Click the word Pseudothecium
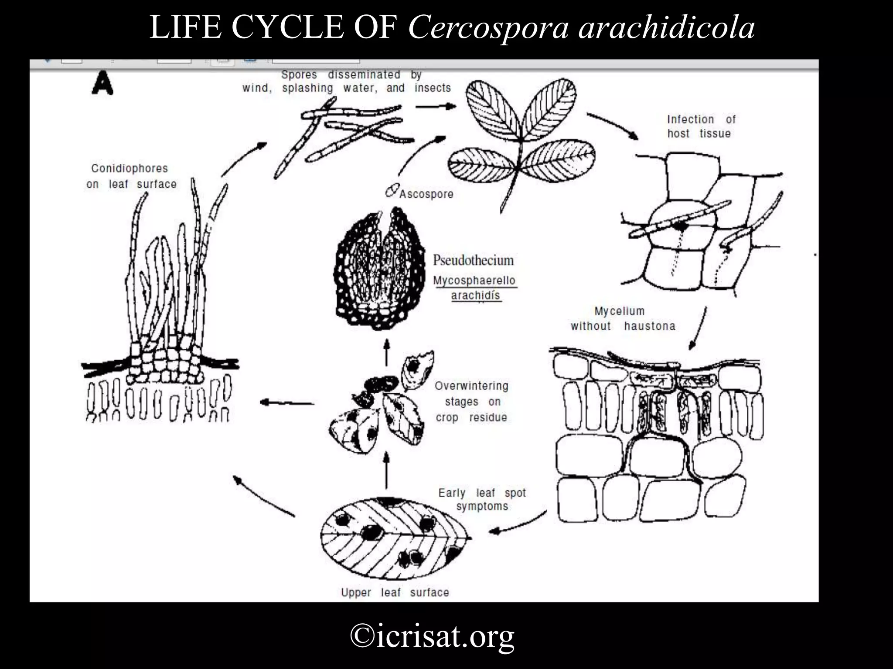(473, 260)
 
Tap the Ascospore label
(426, 194)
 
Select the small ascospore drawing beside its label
(392, 190)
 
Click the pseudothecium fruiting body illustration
(379, 269)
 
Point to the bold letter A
(103, 83)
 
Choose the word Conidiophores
(130, 168)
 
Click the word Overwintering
(471, 386)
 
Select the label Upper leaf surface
(395, 592)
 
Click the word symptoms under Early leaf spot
(482, 507)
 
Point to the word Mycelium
(619, 311)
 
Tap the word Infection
(690, 119)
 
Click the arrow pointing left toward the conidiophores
(287, 402)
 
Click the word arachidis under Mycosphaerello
(475, 295)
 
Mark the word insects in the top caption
(433, 88)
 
